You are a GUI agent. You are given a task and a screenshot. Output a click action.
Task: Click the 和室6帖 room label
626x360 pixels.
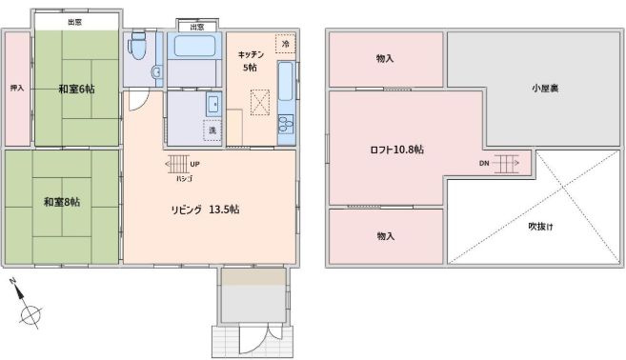pos(75,89)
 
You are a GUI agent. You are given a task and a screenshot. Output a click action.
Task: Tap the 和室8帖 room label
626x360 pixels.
pos(61,202)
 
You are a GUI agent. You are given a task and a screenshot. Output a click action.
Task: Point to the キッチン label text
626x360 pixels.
pos(250,55)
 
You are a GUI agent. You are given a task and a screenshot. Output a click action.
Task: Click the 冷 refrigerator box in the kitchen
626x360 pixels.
pos(283,44)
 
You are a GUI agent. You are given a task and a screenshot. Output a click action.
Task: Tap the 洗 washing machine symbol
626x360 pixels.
pos(212,130)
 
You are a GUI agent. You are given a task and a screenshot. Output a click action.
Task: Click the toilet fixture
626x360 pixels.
pos(139,45)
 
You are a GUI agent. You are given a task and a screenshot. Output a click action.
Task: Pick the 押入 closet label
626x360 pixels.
pos(16,89)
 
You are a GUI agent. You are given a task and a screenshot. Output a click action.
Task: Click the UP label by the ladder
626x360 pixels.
pos(194,163)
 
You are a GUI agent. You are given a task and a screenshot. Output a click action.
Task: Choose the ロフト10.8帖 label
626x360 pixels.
pos(396,150)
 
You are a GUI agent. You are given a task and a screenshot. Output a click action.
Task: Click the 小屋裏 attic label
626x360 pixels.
pos(544,89)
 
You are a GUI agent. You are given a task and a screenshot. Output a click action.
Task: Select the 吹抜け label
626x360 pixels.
pos(541,226)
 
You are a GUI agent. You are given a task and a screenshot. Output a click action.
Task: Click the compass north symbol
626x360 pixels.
pos(30,312)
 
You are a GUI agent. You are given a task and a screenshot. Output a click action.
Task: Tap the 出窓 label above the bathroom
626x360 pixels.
pos(196,27)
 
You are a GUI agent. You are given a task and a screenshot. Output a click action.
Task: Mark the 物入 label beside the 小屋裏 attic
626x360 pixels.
pos(385,59)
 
